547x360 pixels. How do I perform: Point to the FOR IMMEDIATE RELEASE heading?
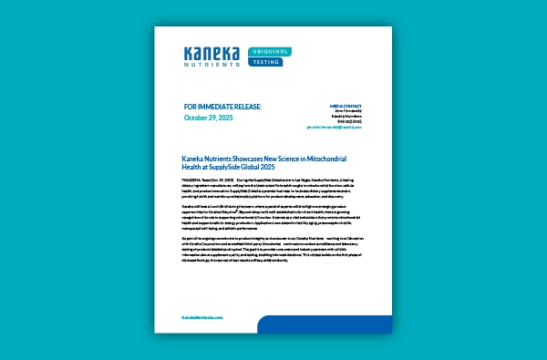pos(222,106)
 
